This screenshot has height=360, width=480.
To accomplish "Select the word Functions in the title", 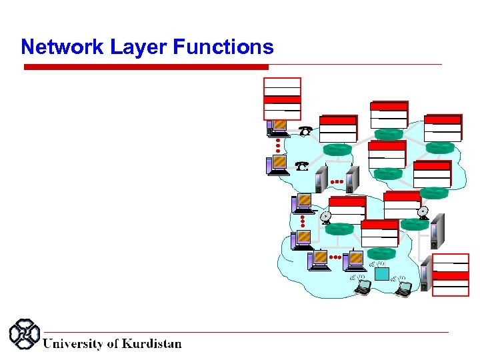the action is click(x=223, y=47).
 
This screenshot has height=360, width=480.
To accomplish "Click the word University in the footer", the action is click(x=73, y=343).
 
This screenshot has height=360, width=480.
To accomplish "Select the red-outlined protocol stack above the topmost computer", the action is click(x=282, y=98).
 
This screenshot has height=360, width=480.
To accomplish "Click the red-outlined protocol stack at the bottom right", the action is click(x=451, y=274).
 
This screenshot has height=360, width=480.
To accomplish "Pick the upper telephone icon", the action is click(x=306, y=131).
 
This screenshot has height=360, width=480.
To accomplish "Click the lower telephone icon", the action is click(x=303, y=165).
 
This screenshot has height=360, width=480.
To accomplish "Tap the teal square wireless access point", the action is click(x=381, y=273).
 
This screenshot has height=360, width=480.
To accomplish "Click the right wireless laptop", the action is click(x=403, y=287).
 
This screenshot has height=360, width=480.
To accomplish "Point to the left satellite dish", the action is click(x=325, y=217).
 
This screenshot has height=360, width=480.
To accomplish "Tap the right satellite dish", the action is click(x=423, y=213).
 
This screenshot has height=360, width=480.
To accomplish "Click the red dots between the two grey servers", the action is click(x=338, y=181).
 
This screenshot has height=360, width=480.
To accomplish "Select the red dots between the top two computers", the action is click(x=278, y=145).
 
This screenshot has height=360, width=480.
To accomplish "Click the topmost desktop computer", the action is click(x=277, y=127).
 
